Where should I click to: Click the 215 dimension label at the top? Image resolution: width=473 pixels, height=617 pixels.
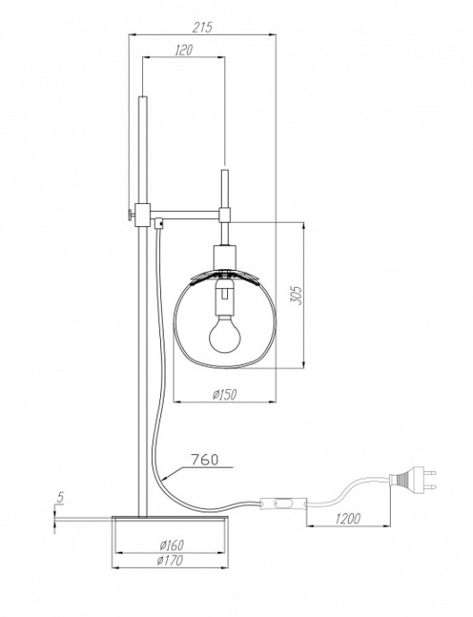(202, 27)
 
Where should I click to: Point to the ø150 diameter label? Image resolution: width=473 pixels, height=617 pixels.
(224, 394)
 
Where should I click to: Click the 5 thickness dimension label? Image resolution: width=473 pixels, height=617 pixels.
(59, 497)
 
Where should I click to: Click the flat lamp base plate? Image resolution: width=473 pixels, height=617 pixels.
(171, 516)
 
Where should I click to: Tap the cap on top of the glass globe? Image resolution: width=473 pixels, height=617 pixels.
(223, 269)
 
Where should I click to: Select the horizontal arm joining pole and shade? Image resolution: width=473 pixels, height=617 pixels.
(190, 212)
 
